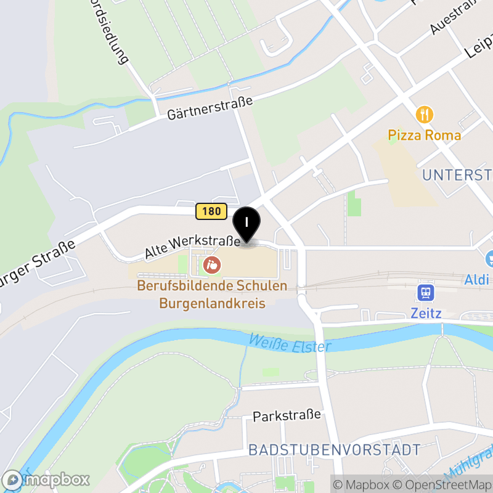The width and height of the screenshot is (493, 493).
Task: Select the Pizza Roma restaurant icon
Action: pos(424,115)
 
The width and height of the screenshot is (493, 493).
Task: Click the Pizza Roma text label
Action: pos(424,135)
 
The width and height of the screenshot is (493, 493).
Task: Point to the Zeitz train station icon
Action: pos(426,292)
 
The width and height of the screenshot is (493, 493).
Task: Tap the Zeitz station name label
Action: pos(426,313)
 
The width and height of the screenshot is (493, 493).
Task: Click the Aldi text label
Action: pos(478,280)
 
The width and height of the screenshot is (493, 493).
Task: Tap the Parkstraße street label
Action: pos(287,415)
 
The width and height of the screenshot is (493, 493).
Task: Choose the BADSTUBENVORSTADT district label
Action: pos(334,450)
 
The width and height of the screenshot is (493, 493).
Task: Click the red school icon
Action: pos(212,266)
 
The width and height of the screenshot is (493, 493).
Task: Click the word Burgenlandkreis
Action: pos(212,303)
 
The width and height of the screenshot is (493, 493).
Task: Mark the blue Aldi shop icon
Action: pos(490,259)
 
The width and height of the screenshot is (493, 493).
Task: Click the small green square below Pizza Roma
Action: pos(354,203)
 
